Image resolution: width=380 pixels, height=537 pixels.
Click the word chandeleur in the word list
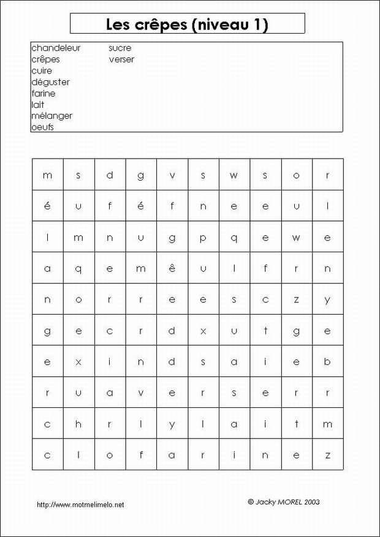(x=56, y=48)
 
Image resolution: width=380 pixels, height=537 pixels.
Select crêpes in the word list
(x=45, y=59)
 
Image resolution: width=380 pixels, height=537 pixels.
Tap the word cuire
(x=42, y=71)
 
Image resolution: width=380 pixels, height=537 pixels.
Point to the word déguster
(x=50, y=82)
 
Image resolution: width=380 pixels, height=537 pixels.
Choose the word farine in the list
(x=43, y=94)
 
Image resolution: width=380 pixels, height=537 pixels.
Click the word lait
(x=37, y=105)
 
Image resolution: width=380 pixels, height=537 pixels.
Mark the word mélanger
(x=51, y=116)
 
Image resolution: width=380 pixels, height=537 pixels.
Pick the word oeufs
(x=42, y=127)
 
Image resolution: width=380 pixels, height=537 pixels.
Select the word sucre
(x=120, y=48)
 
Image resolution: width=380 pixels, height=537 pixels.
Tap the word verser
(x=121, y=59)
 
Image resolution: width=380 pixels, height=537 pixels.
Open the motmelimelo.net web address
(x=80, y=505)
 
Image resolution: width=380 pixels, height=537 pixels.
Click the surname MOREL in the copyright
(x=291, y=501)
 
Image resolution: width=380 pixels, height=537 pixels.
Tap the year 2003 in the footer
(x=311, y=501)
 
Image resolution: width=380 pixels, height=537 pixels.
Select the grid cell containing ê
(x=172, y=268)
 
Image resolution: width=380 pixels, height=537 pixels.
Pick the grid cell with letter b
(x=328, y=361)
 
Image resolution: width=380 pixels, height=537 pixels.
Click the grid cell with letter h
(x=78, y=424)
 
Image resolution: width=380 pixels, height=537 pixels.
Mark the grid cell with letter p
(x=203, y=238)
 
